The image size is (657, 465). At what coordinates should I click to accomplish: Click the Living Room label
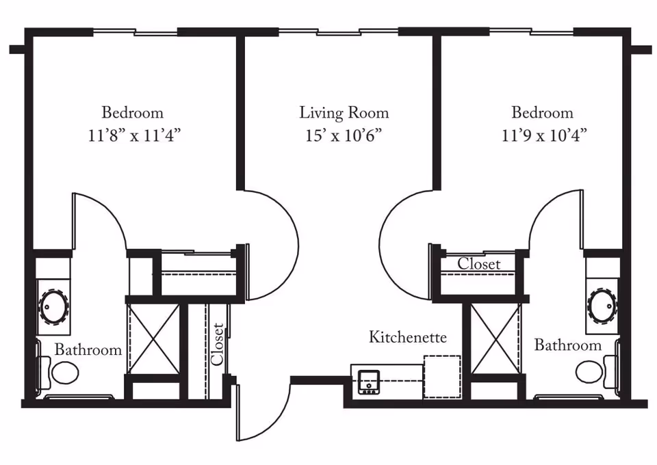tap(344, 113)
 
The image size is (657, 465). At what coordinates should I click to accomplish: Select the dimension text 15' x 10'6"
tap(344, 135)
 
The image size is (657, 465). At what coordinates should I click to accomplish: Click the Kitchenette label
tap(408, 337)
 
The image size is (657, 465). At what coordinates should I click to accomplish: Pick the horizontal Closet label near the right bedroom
tap(479, 263)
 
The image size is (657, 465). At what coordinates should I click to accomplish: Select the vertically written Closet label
tap(217, 343)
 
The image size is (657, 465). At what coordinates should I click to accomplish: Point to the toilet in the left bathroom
tap(64, 373)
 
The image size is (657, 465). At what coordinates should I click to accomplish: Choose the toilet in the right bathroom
tap(590, 373)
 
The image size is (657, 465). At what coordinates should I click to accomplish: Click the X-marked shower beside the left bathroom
tap(153, 338)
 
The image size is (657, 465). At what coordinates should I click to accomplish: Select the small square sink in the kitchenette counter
tap(370, 382)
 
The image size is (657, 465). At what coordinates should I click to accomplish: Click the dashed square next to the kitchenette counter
tap(443, 377)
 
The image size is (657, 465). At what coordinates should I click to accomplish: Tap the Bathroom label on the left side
tap(88, 350)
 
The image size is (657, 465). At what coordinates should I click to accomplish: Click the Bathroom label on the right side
tap(567, 345)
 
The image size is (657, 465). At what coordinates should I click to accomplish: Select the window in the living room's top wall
tap(338, 31)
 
